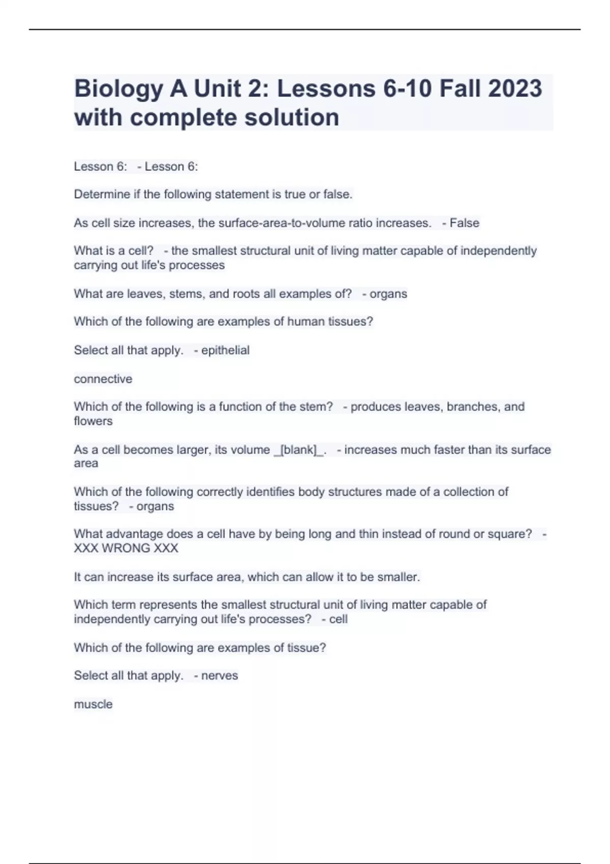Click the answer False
click(465, 223)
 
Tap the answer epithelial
click(225, 350)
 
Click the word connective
click(103, 379)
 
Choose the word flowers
click(93, 421)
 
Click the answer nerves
click(220, 675)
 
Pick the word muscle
click(93, 704)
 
